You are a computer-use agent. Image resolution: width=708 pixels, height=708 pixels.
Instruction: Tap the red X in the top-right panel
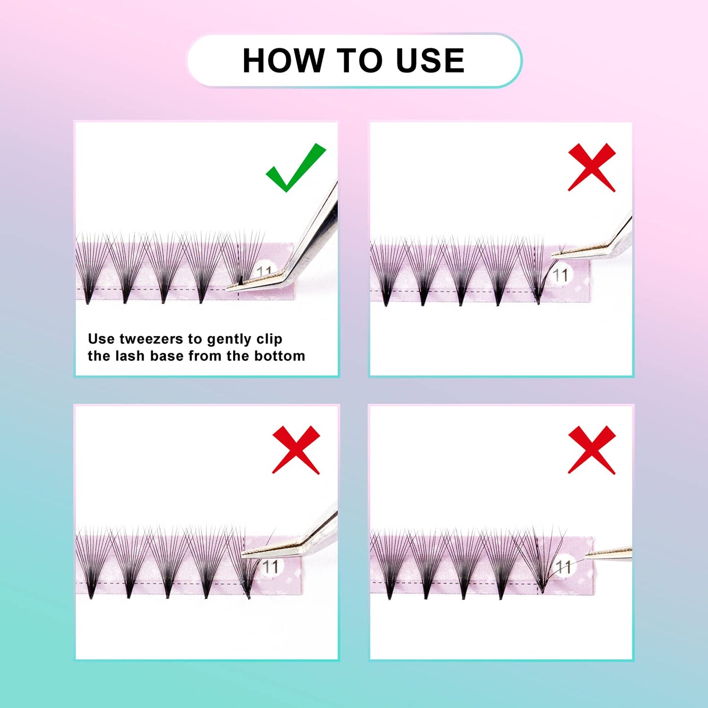pos(591,168)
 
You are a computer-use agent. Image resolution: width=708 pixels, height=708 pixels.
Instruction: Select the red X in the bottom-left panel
pos(296,450)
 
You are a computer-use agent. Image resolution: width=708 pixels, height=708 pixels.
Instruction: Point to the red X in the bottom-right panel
pos(591,450)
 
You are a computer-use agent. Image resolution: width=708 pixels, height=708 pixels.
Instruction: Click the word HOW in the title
pos(283,61)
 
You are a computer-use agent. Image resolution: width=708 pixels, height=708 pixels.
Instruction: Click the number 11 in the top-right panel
pos(561,275)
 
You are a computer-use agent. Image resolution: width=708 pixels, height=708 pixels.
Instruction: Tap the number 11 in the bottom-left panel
pos(270,567)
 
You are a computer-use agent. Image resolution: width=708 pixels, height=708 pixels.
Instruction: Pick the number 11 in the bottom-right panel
pos(563,567)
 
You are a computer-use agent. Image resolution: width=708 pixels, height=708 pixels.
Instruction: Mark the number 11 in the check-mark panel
pos(265,270)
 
